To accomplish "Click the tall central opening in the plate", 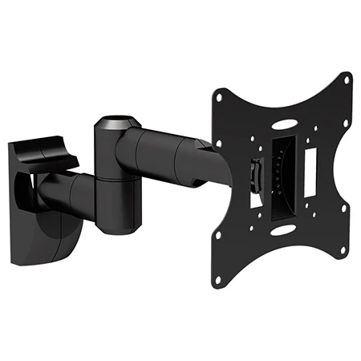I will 281,178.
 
